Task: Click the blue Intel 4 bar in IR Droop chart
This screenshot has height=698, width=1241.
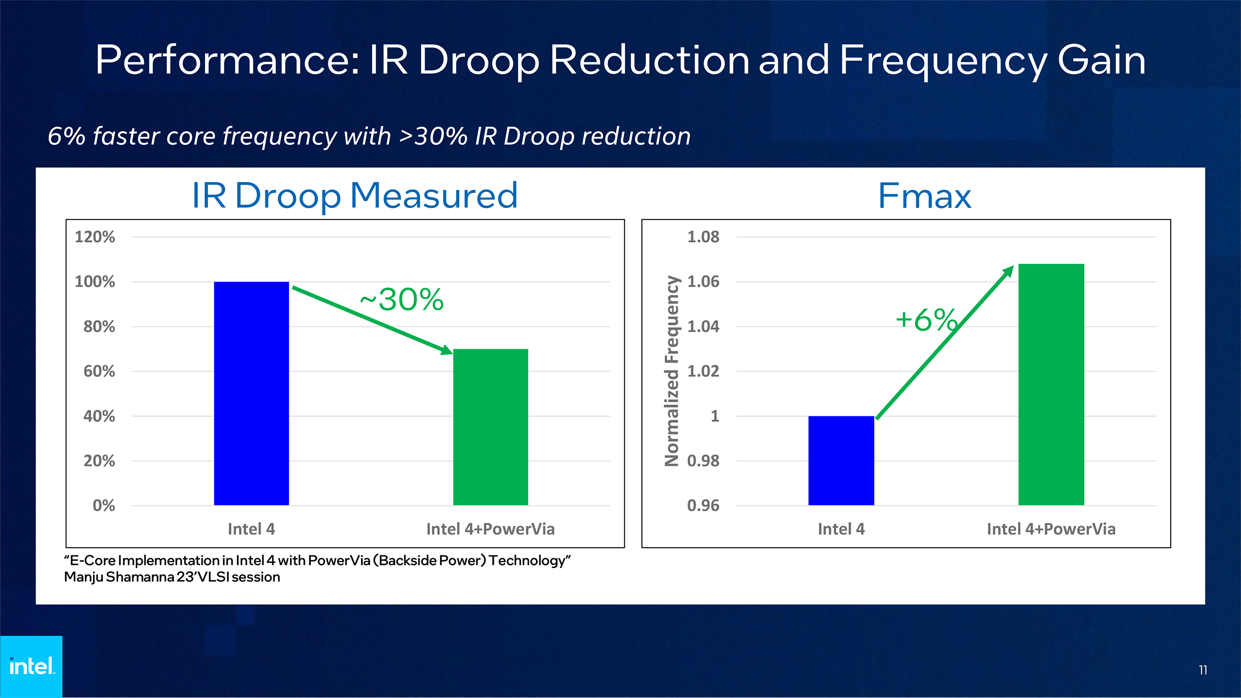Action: click(x=251, y=393)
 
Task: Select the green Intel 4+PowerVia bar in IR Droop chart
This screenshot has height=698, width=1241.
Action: click(x=490, y=427)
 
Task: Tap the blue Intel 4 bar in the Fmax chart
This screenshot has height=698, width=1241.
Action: click(x=841, y=460)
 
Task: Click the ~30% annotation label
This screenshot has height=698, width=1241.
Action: click(x=401, y=299)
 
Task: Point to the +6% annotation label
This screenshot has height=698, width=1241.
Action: click(x=926, y=319)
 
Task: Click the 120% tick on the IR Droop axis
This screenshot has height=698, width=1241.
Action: click(x=95, y=237)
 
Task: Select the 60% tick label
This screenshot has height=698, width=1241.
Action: click(x=99, y=371)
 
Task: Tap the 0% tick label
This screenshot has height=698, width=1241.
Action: click(x=104, y=506)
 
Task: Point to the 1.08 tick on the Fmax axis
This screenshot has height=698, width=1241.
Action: click(x=703, y=237)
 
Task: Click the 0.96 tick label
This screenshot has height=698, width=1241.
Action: click(x=703, y=506)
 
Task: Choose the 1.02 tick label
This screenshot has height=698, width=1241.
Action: click(x=703, y=371)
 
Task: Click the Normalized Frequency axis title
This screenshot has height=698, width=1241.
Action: click(x=672, y=371)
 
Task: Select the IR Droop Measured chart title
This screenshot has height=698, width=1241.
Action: click(x=355, y=196)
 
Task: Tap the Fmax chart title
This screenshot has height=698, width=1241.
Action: click(x=924, y=196)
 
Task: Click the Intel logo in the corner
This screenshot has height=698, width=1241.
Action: click(x=32, y=666)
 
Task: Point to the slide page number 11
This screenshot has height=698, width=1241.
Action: click(x=1203, y=670)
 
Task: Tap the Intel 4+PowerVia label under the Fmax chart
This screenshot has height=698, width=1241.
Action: click(x=1051, y=529)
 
